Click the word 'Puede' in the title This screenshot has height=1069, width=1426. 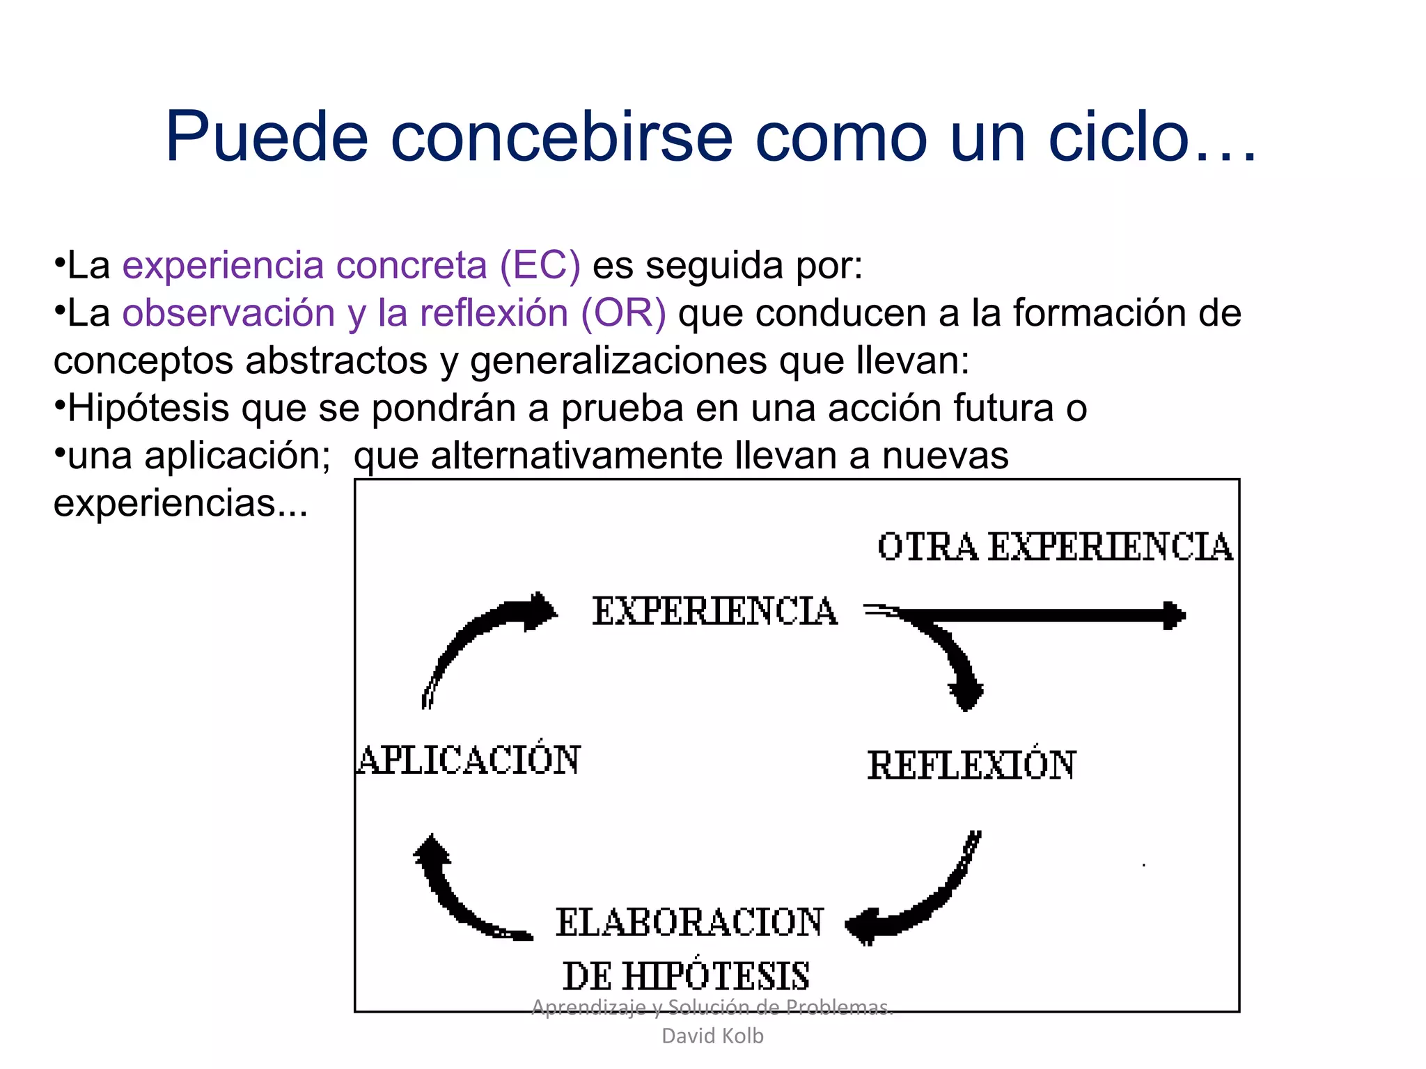266,137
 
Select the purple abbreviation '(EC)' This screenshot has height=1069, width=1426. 540,265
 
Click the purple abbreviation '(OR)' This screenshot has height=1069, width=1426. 623,312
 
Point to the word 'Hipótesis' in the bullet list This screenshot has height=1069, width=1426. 148,408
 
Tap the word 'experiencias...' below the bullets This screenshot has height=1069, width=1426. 180,502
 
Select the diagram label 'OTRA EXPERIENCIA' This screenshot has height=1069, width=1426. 1054,547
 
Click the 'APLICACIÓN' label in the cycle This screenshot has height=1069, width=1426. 469,760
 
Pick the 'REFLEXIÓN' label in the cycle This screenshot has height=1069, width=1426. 971,766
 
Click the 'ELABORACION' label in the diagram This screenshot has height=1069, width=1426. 689,923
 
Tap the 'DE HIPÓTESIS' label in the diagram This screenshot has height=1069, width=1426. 686,976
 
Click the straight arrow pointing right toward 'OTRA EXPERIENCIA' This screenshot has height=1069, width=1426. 1044,615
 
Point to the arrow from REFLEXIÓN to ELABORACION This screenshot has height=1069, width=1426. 926,898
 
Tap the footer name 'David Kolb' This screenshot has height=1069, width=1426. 712,1036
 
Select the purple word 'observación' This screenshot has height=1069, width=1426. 229,312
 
